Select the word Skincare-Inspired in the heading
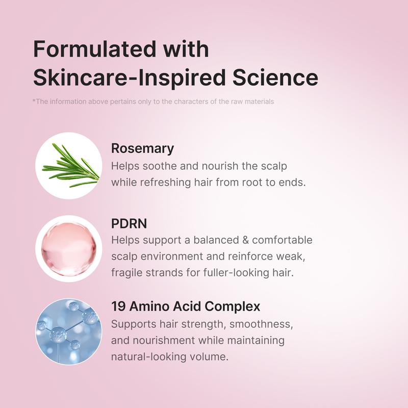point(130,78)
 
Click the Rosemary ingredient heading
point(142,148)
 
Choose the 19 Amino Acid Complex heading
point(186,307)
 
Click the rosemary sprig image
point(69,165)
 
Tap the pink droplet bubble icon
point(69,248)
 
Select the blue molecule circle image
point(69,331)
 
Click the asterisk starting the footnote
point(34,101)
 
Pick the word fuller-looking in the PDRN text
point(234,272)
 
